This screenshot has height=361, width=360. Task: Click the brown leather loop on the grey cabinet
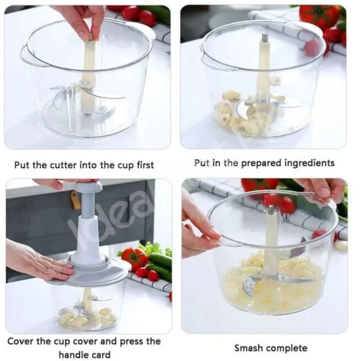[x=75, y=200]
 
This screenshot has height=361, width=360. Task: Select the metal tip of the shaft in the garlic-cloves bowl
[x=264, y=38]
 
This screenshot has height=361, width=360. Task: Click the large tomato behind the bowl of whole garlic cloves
[x=320, y=16]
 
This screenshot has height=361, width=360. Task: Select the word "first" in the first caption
[x=145, y=165]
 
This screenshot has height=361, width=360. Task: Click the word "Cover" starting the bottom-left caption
[x=20, y=341]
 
